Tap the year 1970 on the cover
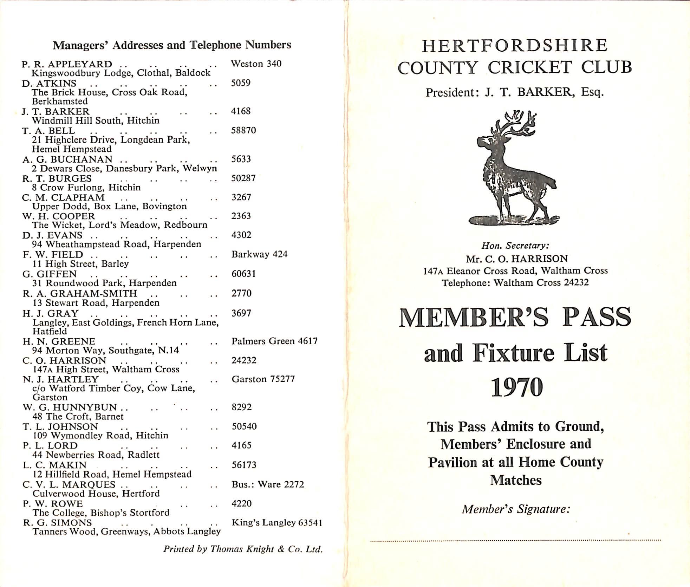coord(516,387)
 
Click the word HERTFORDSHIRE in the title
coord(515,46)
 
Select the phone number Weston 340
coord(256,64)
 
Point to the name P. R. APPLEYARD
coord(67,64)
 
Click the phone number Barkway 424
coord(259,254)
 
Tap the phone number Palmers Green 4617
coord(274,341)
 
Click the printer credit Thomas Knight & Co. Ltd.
coord(243,549)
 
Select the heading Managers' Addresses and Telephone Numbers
coord(172,45)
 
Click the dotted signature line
coord(515,540)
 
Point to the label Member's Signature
coord(515,509)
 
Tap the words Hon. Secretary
coord(515,246)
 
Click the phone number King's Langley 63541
coord(277,522)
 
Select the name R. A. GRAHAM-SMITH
coord(80,293)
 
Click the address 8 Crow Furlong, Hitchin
coord(86,187)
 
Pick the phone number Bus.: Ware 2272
coord(268,484)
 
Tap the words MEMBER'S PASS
coord(515,318)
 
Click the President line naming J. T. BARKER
coord(515,92)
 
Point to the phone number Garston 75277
coord(263,379)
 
